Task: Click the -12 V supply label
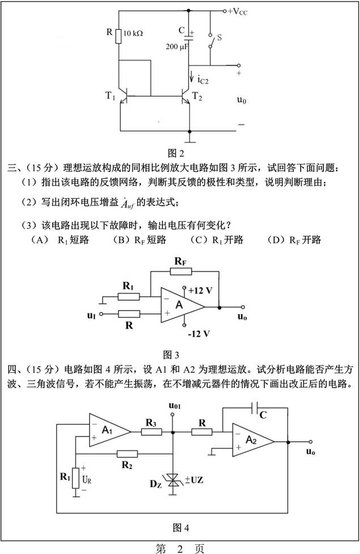pyautogui.click(x=200, y=334)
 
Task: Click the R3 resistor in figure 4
pyautogui.click(x=151, y=432)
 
